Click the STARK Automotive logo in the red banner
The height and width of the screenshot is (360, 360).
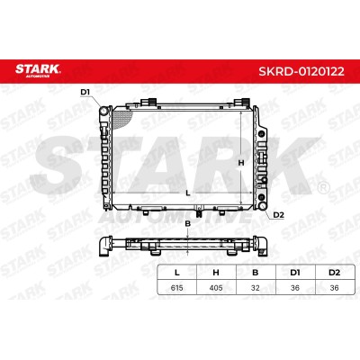[38, 70]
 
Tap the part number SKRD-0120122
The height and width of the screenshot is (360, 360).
[301, 72]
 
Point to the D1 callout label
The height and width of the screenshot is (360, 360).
[85, 92]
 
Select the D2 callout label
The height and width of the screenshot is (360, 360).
[278, 215]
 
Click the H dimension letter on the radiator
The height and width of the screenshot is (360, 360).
[241, 163]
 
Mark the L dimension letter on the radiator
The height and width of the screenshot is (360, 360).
[188, 193]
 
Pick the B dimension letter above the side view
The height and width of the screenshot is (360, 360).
[188, 223]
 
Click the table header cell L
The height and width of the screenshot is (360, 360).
[177, 273]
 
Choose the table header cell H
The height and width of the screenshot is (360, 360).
[216, 273]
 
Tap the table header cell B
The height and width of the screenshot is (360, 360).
[256, 273]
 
